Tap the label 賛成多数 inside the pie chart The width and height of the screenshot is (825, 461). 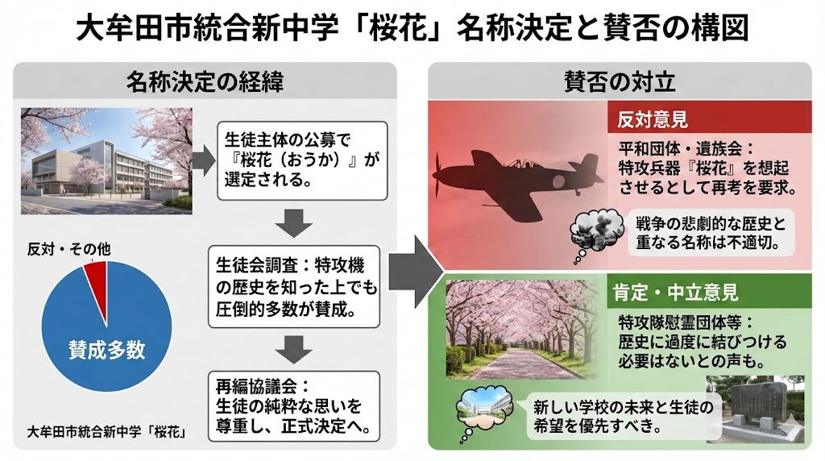click(106, 349)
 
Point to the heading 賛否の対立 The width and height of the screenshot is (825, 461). click(619, 81)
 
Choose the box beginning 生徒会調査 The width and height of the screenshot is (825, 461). click(294, 286)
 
